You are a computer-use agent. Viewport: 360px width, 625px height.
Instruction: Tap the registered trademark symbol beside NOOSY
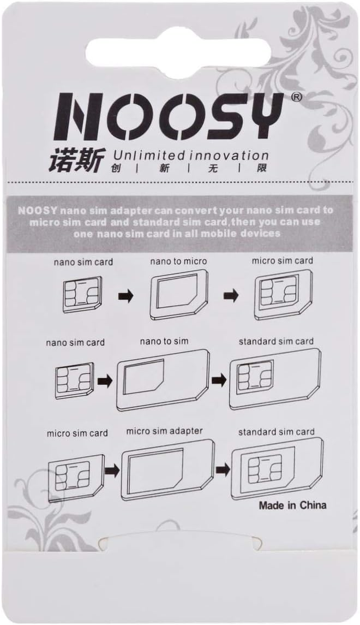click(x=297, y=97)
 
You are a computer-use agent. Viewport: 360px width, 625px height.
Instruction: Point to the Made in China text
click(x=292, y=505)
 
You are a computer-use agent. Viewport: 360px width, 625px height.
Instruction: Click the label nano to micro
click(x=178, y=261)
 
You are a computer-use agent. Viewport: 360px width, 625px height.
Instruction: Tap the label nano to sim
click(x=164, y=341)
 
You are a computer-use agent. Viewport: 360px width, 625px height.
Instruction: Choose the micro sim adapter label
click(x=164, y=431)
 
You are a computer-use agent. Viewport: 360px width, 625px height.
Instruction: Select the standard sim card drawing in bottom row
click(x=277, y=466)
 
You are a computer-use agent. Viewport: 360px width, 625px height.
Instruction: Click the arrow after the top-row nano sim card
click(x=125, y=296)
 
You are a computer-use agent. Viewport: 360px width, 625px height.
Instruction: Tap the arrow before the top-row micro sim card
click(x=231, y=296)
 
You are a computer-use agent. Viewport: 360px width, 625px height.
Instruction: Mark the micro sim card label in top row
click(x=283, y=261)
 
